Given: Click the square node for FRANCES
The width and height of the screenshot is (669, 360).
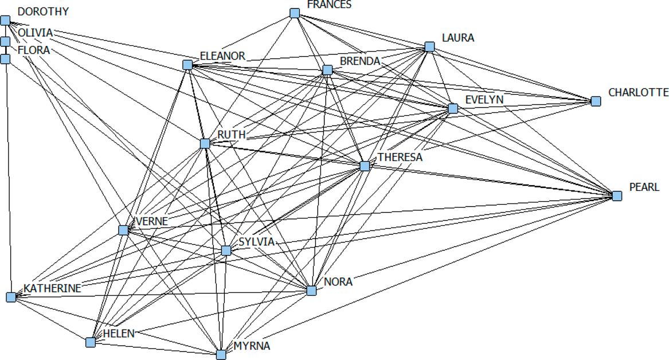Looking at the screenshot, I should (295, 13).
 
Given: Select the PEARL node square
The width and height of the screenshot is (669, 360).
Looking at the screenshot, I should (617, 196).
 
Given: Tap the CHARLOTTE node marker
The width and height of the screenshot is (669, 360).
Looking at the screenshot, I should (596, 101).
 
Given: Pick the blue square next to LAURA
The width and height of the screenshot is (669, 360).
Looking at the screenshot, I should (429, 46).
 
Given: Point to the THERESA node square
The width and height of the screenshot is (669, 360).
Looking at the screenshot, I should (365, 166).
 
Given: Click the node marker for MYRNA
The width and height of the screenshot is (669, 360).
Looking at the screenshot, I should (221, 355).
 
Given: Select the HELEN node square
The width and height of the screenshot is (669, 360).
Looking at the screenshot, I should (91, 342).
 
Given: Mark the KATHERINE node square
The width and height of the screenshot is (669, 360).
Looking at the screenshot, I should (11, 297).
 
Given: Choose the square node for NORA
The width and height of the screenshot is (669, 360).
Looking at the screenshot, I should (311, 291).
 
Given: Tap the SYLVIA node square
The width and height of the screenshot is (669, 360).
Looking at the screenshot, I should (226, 251).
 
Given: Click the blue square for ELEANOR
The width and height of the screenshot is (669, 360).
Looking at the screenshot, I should (187, 65).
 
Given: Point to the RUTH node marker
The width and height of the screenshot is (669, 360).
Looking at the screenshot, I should (205, 143).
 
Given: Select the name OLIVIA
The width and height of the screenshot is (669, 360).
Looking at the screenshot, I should (35, 33).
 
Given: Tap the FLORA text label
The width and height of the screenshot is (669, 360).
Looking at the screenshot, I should (33, 50).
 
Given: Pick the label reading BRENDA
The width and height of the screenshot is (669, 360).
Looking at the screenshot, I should (360, 61).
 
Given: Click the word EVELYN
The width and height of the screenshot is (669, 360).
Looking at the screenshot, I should (484, 100).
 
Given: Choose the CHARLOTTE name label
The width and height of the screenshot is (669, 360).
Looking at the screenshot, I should (638, 92).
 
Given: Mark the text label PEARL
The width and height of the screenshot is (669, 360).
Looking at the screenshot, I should (644, 187).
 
